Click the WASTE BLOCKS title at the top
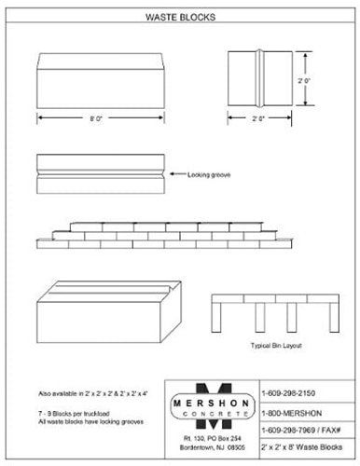(180, 17)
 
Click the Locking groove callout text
(209, 173)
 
